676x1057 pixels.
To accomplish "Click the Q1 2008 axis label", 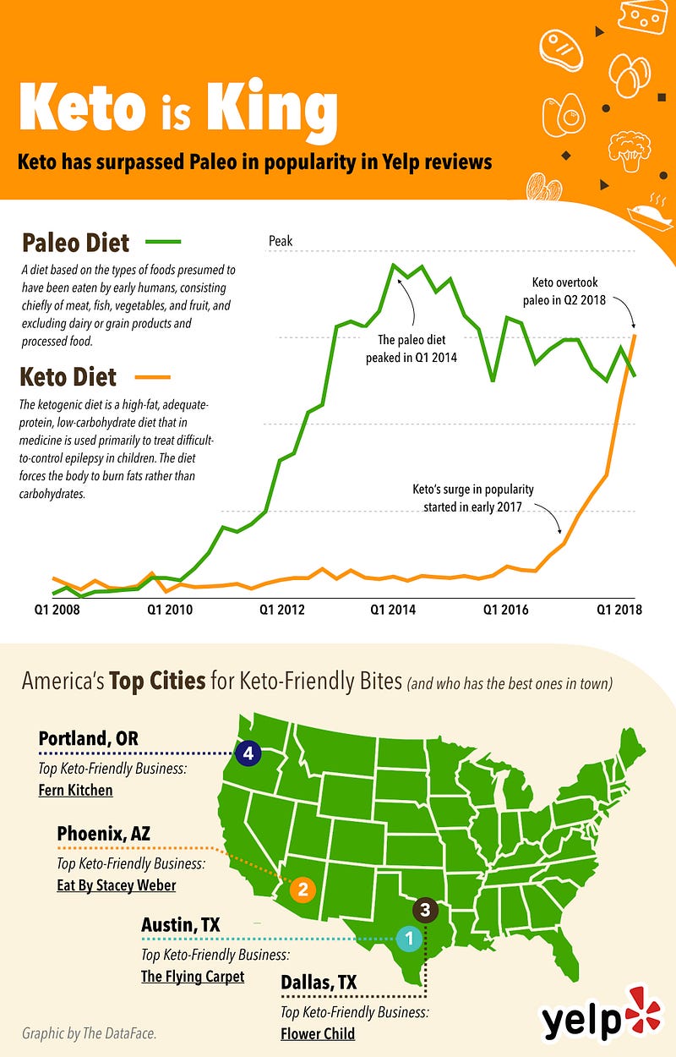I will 57,609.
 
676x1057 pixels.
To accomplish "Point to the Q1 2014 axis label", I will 393,609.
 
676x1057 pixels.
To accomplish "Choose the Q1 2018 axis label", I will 619,609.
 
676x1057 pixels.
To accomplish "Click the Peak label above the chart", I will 281,241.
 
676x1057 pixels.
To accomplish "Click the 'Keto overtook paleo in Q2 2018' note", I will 569,290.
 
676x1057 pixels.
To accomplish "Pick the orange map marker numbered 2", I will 302,889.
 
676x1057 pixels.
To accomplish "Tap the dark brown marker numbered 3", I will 425,910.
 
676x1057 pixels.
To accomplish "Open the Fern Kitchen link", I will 75,791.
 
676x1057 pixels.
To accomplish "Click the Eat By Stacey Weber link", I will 117,885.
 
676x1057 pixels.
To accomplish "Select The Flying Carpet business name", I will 193,977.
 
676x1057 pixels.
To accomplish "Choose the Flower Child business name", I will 318,1033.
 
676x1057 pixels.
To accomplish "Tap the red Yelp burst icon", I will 646,1005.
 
